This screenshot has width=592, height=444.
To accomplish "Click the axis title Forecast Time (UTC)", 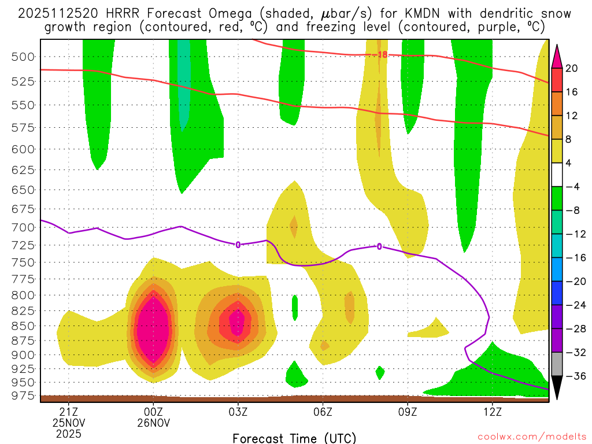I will click(294, 438).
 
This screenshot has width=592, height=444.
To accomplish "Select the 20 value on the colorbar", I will click(572, 68).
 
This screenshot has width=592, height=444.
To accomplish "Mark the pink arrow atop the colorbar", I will click(557, 55).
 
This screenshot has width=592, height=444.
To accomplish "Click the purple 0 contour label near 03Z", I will click(238, 245).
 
